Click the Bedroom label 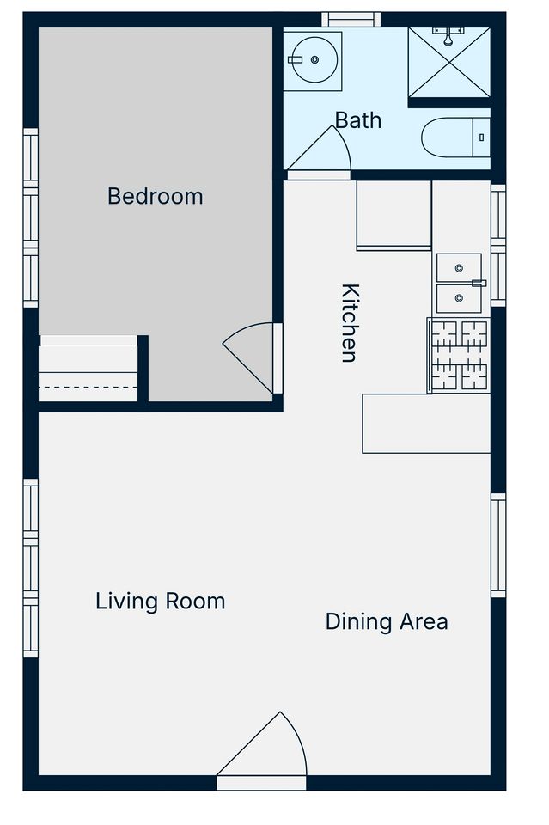pyautogui.click(x=156, y=196)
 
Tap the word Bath pyautogui.click(x=358, y=120)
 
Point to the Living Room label pyautogui.click(x=161, y=602)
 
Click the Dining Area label pyautogui.click(x=387, y=621)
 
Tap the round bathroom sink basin pyautogui.click(x=314, y=60)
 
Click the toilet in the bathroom pyautogui.click(x=455, y=137)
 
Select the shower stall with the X pyautogui.click(x=449, y=62)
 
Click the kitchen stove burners pyautogui.click(x=459, y=355)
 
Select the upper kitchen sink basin pyautogui.click(x=459, y=268)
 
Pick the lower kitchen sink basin pyautogui.click(x=459, y=298)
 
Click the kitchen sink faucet pyautogui.click(x=479, y=283)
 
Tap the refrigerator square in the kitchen pyautogui.click(x=393, y=215)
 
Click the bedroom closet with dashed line pyautogui.click(x=88, y=369)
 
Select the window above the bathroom pyautogui.click(x=351, y=20)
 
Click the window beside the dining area pyautogui.click(x=498, y=545)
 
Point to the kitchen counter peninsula pyautogui.click(x=426, y=424)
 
